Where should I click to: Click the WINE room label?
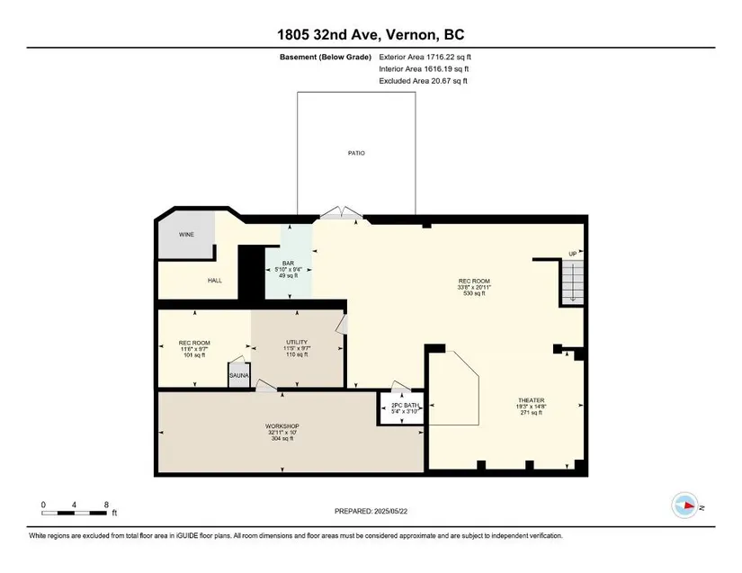[x=186, y=235]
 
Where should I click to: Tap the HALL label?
[x=215, y=281]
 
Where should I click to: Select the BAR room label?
[x=288, y=264]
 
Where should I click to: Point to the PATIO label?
[x=356, y=153]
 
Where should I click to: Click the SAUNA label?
[x=239, y=376]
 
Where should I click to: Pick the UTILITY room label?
[x=297, y=342]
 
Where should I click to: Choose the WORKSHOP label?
[x=282, y=426]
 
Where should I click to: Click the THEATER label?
[x=531, y=400]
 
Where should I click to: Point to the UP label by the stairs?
[x=573, y=254]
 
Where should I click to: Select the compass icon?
[x=684, y=506]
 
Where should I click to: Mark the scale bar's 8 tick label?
[x=106, y=505]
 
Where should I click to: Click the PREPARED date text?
[x=371, y=511]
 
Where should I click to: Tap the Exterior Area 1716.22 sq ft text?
[x=425, y=58]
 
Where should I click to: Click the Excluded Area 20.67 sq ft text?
[x=423, y=81]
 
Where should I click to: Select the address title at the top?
[x=371, y=34]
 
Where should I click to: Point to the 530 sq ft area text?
[x=474, y=293]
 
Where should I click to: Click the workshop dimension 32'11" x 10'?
[x=282, y=433]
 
